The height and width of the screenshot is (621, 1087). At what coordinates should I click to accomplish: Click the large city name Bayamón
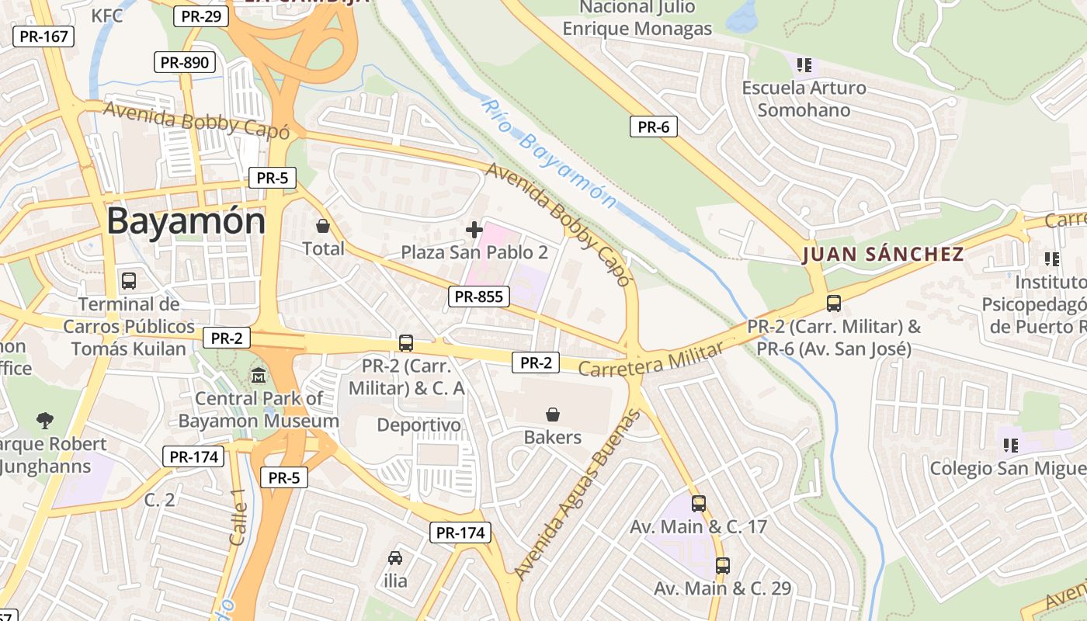186,221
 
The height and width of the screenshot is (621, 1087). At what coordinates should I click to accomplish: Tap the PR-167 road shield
43,36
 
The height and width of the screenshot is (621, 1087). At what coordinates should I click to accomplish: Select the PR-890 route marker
184,63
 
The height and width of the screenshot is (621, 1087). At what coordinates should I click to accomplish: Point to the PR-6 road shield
653,127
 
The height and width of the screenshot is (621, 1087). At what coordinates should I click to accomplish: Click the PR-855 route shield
478,296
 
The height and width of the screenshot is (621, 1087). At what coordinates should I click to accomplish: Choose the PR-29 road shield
200,16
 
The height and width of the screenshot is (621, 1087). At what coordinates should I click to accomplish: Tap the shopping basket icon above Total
323,226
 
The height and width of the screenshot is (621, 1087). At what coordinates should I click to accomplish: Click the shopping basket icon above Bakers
553,415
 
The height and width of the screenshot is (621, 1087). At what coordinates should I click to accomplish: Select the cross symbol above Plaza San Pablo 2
474,230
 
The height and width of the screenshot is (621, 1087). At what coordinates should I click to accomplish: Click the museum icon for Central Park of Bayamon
259,376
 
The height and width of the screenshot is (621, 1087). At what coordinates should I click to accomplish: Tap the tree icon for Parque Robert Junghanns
45,421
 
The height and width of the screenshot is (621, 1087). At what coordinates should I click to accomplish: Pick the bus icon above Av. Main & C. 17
699,504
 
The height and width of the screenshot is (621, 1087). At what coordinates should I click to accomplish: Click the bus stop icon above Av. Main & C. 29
723,566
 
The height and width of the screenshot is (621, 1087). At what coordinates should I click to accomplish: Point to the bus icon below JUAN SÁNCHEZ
834,304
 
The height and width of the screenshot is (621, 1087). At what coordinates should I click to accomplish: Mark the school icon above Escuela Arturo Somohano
804,65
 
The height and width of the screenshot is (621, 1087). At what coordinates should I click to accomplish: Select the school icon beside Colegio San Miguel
1010,446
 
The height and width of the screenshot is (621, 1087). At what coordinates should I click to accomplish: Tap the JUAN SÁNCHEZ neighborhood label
883,254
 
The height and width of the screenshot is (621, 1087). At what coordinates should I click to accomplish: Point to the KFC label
107,16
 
